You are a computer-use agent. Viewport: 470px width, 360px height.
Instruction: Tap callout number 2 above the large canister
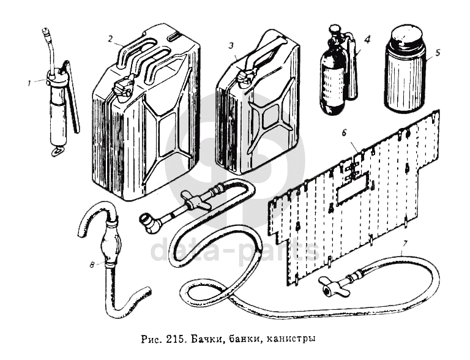110,39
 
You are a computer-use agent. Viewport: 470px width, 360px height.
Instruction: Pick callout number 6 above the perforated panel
345,132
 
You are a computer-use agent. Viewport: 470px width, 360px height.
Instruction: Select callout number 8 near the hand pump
91,265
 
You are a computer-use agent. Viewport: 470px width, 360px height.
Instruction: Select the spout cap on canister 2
122,86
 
